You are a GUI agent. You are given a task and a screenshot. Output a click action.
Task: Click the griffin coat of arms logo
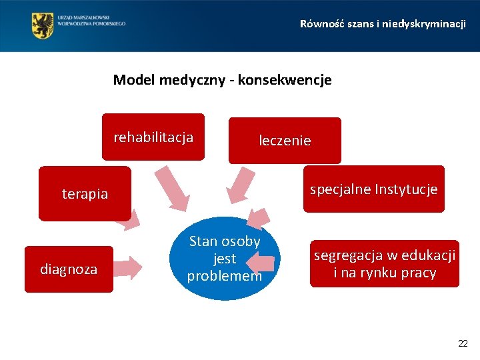[43, 25]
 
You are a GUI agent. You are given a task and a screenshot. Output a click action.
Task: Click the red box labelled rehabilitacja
[153, 137]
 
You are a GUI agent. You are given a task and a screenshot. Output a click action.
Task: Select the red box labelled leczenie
[285, 140]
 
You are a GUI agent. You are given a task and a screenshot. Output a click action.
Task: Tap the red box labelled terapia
[85, 194]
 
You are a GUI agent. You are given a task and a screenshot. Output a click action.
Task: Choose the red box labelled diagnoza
[69, 269]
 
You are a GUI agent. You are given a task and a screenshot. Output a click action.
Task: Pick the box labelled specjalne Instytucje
[373, 189]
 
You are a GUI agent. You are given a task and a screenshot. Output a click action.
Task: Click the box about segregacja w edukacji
[385, 264]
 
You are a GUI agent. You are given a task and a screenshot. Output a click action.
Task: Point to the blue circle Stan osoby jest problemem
[224, 259]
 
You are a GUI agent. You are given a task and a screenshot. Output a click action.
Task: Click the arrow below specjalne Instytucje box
[260, 219]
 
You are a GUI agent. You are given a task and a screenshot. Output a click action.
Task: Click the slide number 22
[463, 343]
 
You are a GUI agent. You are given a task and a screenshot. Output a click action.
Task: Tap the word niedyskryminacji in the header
[427, 24]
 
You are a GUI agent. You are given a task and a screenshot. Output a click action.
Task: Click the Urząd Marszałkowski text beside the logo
[92, 20]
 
